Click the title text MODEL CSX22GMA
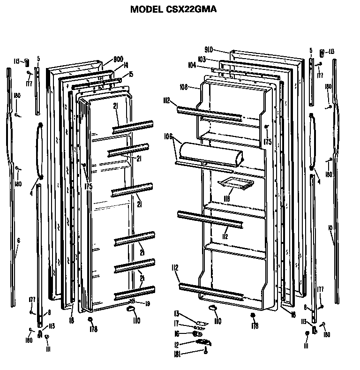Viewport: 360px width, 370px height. pos(173,9)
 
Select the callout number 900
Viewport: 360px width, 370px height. pos(118,60)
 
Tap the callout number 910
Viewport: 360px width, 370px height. pos(209,49)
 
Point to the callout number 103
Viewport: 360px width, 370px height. pos(202,60)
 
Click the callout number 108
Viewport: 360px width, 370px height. pos(184,87)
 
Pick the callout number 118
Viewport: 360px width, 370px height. pos(226,199)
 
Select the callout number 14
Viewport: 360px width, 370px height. pos(126,66)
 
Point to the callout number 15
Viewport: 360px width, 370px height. pos(131,74)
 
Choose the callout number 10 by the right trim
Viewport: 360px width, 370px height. pos(330,227)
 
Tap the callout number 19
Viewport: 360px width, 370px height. pos(148,303)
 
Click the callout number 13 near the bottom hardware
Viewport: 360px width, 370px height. pos(177,314)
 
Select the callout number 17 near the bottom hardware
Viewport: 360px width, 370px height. pos(177,323)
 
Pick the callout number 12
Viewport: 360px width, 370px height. pos(177,344)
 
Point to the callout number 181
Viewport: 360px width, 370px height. pos(177,353)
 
